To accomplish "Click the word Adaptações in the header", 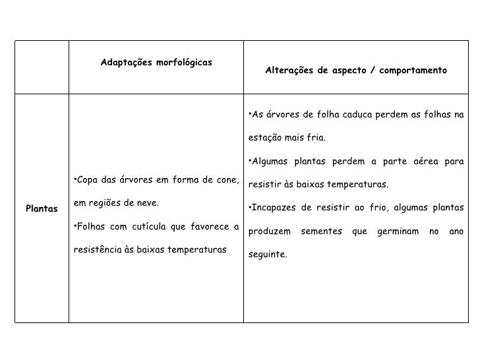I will coord(124,63).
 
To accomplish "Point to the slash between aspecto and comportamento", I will coord(373,70).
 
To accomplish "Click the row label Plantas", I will coord(42,209).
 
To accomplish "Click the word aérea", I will coord(429,162).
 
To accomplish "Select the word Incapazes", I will coord(273,209).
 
